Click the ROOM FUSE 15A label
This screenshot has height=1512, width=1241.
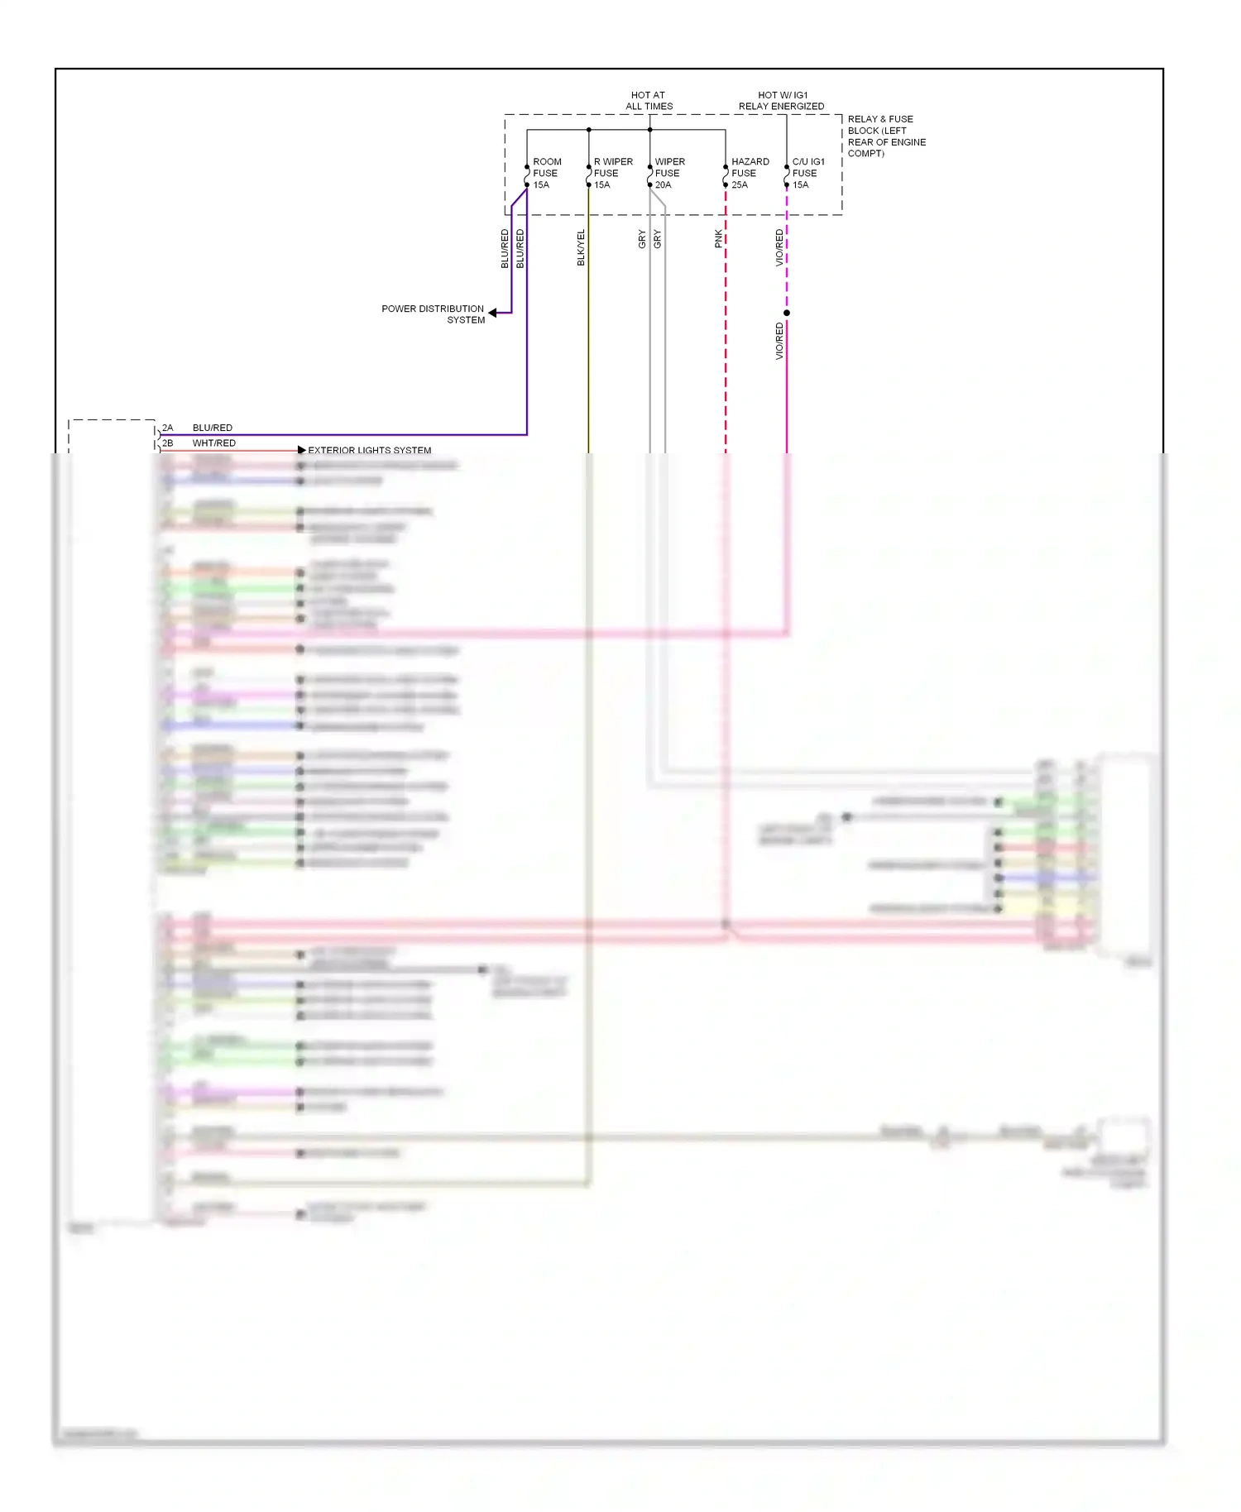click(546, 173)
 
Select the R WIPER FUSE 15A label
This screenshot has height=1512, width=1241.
click(612, 173)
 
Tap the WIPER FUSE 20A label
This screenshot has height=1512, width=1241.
click(668, 173)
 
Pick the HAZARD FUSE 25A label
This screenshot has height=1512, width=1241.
click(750, 173)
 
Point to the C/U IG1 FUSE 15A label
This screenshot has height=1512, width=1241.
click(807, 173)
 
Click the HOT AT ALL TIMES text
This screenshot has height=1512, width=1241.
click(649, 101)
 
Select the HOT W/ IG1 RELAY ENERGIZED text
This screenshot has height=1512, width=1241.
click(781, 101)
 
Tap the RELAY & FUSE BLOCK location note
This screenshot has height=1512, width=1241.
click(885, 136)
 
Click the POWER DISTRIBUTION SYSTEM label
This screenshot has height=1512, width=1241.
click(433, 314)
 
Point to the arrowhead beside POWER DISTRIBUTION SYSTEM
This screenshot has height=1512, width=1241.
click(493, 313)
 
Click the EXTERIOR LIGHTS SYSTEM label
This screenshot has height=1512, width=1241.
click(369, 451)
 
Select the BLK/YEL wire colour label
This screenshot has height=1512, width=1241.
click(581, 247)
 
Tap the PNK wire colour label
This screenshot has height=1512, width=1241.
click(718, 239)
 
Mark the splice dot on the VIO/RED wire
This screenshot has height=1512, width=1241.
click(787, 313)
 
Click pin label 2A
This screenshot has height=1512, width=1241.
click(167, 428)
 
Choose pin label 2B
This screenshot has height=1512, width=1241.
click(167, 443)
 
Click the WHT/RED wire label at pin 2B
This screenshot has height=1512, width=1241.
click(213, 443)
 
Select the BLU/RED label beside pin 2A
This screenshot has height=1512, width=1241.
click(212, 428)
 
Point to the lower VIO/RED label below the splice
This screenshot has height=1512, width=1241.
click(779, 341)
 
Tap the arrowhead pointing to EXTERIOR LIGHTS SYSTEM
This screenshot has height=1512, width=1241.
click(302, 450)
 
